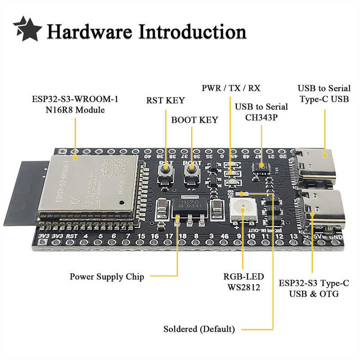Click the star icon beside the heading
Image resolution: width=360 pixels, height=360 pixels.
[27, 29]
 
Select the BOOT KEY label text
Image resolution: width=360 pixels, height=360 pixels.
[194, 120]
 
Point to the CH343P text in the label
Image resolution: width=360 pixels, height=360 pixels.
[261, 117]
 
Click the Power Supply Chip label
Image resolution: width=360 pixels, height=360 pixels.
[107, 276]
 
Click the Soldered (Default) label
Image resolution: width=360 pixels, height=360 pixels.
[198, 329]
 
